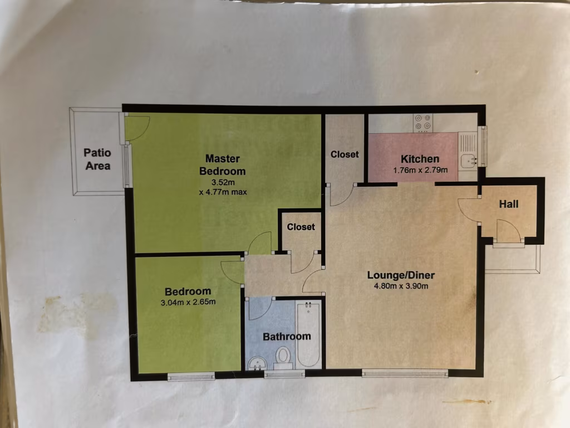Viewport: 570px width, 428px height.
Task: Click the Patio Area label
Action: (x=97, y=159)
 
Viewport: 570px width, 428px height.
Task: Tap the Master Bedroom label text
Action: (x=223, y=164)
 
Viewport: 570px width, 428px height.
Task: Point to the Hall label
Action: (x=509, y=204)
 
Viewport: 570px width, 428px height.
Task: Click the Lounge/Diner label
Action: (x=401, y=275)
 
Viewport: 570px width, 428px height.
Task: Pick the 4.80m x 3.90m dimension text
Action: (x=401, y=286)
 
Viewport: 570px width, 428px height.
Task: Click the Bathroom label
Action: (x=287, y=337)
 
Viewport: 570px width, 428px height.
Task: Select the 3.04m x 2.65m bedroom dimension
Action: (x=188, y=302)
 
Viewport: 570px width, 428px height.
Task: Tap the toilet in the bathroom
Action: (x=283, y=356)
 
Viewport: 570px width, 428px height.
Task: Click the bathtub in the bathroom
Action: (x=309, y=334)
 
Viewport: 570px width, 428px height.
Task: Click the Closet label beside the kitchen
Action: (x=345, y=154)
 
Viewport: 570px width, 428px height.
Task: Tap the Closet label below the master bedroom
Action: (x=301, y=227)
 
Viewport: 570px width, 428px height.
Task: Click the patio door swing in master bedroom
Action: (x=137, y=127)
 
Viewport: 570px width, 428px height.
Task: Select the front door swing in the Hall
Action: (x=508, y=231)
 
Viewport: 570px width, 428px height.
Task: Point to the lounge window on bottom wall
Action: (x=405, y=373)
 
